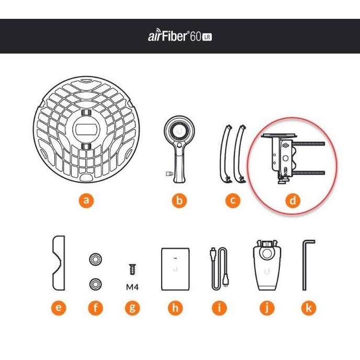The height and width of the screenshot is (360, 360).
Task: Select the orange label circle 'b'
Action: (x=178, y=200)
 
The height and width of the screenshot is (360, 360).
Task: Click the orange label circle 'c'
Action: (x=233, y=200)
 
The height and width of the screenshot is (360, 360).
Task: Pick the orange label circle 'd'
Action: (x=293, y=200)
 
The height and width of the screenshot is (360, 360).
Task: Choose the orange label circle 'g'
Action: (x=132, y=308)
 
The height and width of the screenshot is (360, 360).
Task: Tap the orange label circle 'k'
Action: (x=309, y=308)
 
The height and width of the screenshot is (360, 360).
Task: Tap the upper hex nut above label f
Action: (x=95, y=260)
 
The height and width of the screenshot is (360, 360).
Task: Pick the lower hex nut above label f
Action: (x=95, y=283)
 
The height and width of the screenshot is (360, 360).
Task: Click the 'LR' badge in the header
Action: (x=207, y=37)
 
